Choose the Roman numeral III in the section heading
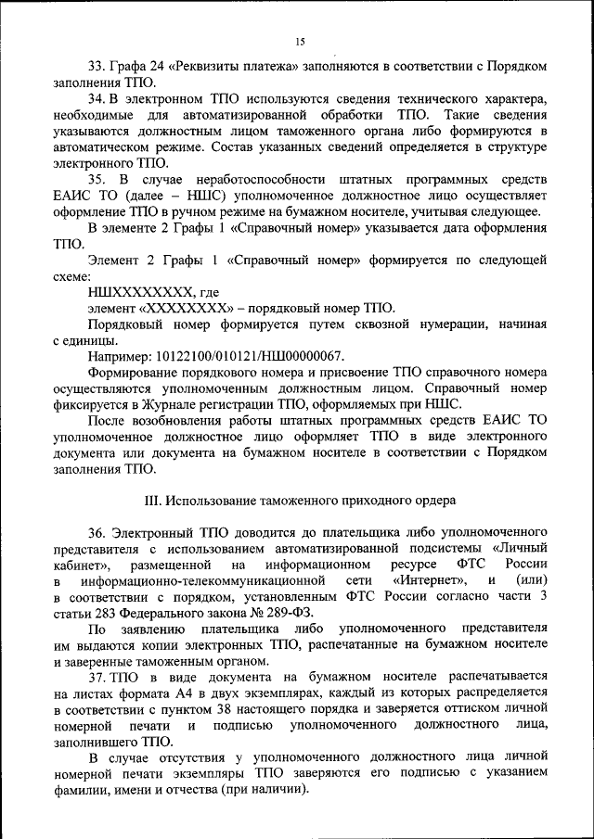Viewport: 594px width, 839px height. point(155,501)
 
